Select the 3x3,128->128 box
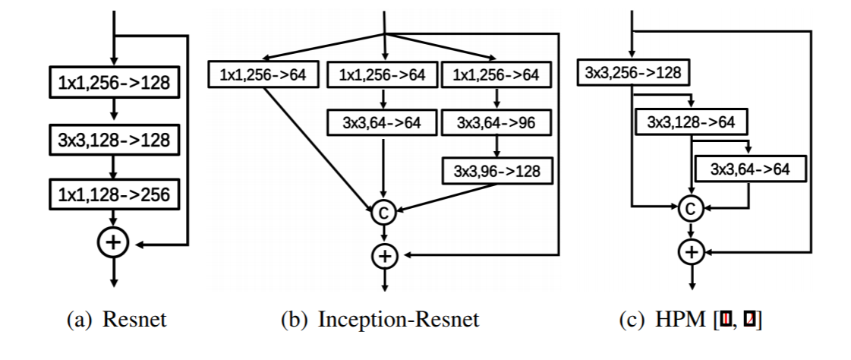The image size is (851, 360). (x=112, y=140)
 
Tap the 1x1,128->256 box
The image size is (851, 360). (x=112, y=194)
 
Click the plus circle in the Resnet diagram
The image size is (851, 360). (x=112, y=244)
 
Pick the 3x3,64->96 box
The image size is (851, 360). (x=496, y=122)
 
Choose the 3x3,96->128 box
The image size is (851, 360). (x=496, y=171)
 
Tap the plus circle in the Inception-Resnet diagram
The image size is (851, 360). (x=384, y=256)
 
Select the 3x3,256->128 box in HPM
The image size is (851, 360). (x=632, y=73)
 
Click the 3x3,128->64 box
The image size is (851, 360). (x=691, y=122)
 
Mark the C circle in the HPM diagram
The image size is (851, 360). (x=691, y=207)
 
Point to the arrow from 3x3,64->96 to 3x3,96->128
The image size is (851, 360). (x=496, y=146)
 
